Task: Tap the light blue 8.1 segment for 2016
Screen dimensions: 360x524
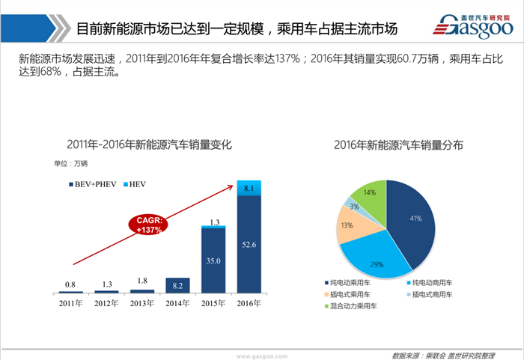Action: click(249, 189)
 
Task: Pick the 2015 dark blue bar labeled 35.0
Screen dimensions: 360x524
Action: click(214, 260)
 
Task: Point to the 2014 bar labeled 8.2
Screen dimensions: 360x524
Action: click(178, 284)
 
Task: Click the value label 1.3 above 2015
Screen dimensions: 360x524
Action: click(214, 222)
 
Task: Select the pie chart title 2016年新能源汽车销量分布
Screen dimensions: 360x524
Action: click(388, 144)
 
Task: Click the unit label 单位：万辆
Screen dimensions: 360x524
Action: click(70, 162)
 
